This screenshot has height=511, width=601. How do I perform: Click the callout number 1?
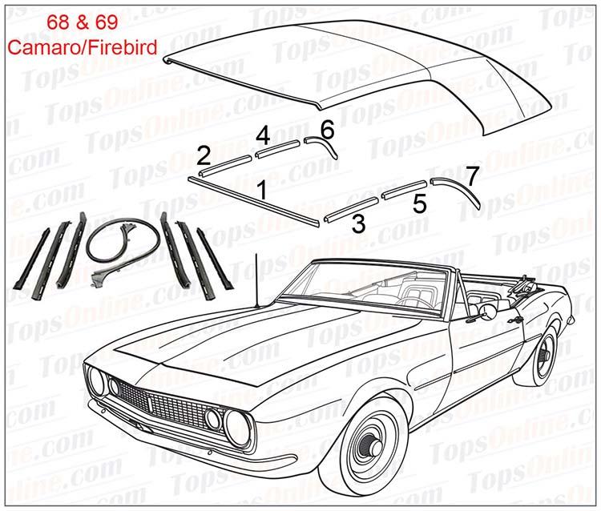[x=261, y=191]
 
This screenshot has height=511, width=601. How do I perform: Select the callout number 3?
[x=358, y=224]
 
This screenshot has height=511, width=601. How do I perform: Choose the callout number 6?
[x=326, y=127]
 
